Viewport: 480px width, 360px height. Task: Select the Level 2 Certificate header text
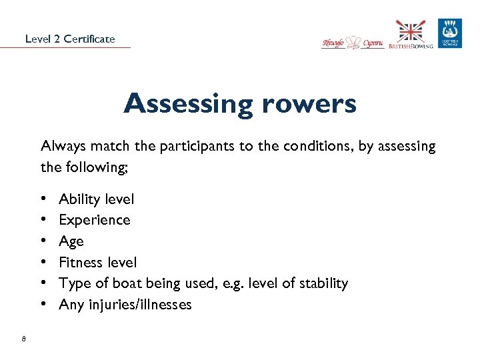70,39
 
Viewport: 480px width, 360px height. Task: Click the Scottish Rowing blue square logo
449,33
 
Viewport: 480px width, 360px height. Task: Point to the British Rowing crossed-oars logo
411,35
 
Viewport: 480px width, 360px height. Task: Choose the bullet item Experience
94,220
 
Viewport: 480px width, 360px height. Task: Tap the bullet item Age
71,241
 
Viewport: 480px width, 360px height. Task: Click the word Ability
79,199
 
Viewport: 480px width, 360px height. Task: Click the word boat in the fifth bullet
121,283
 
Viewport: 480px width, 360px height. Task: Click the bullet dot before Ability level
43,199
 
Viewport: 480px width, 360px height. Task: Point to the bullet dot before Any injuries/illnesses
43,305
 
